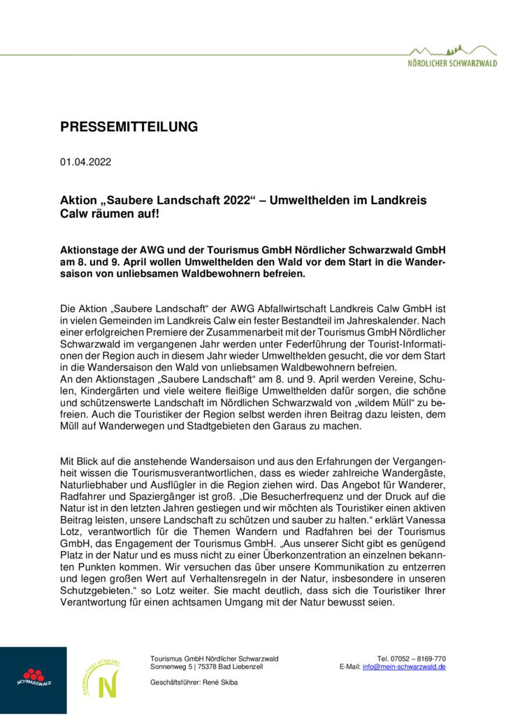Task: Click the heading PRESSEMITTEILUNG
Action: pos(129,127)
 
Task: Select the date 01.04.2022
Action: pos(85,162)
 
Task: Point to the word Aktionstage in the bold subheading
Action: pos(89,250)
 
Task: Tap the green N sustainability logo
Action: pos(104,679)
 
